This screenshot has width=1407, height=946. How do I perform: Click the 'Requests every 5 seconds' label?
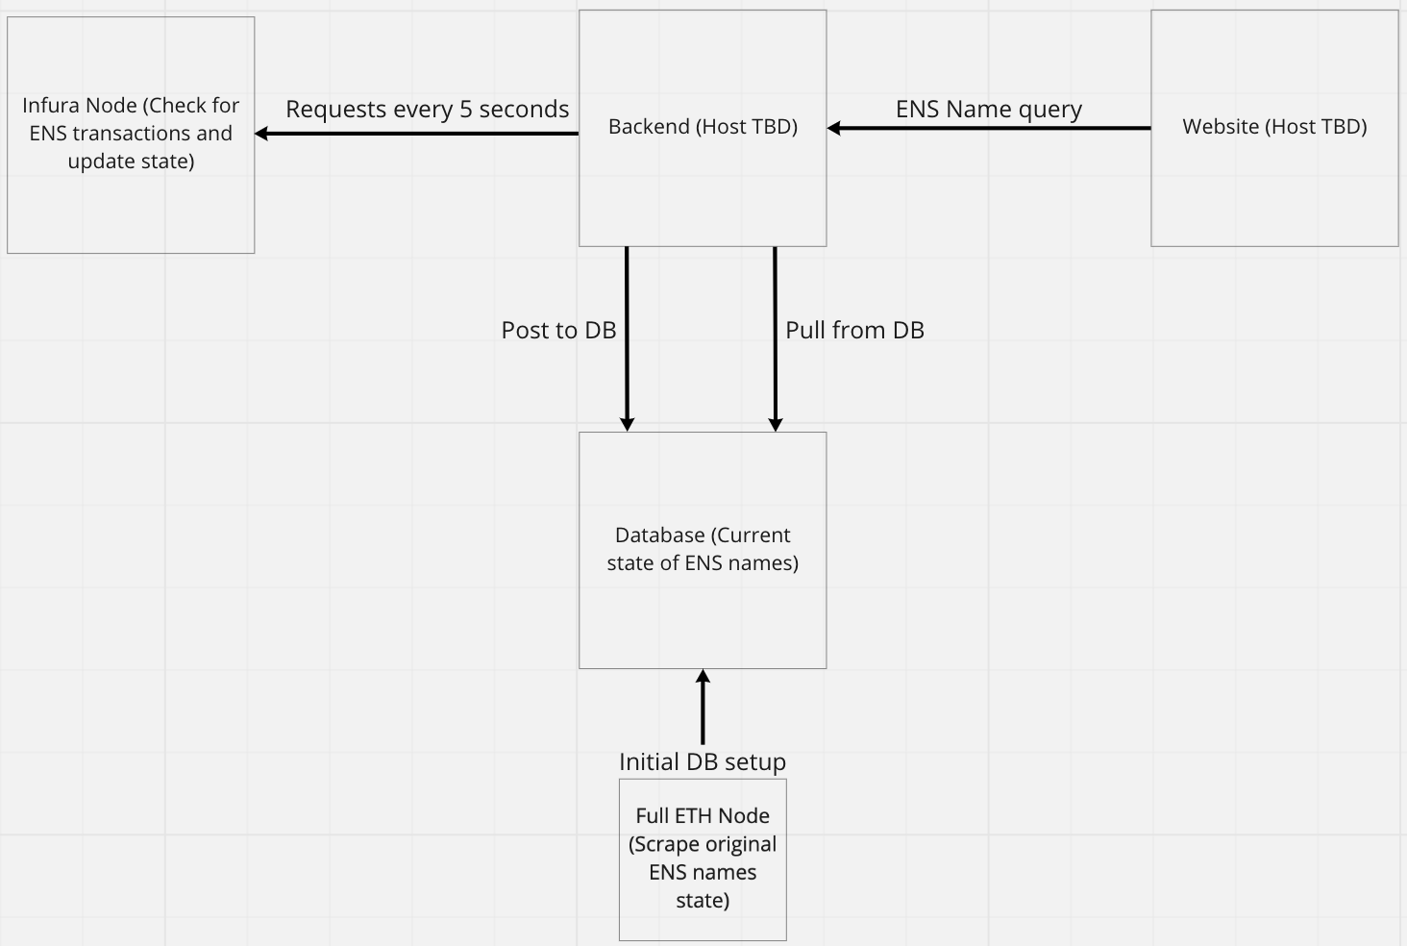(x=427, y=110)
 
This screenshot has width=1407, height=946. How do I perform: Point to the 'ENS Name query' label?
(x=988, y=110)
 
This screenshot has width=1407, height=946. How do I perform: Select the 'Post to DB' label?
(x=558, y=330)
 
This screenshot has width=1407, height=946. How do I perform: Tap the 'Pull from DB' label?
(x=854, y=330)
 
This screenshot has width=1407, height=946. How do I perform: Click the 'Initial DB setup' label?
(x=703, y=761)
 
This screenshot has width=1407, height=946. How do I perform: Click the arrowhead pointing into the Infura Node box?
(x=260, y=134)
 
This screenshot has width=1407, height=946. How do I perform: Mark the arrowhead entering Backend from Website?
(x=833, y=128)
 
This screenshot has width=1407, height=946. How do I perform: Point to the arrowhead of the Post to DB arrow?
(x=628, y=425)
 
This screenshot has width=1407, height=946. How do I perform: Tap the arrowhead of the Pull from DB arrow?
(x=776, y=425)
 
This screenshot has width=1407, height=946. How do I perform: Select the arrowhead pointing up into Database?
(x=703, y=676)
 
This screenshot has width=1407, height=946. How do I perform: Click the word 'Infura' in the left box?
(x=51, y=106)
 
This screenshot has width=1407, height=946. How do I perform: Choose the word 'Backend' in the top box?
(x=649, y=127)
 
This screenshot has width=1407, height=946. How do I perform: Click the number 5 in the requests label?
(x=466, y=110)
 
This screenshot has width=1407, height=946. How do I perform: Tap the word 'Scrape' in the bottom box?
(x=663, y=844)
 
